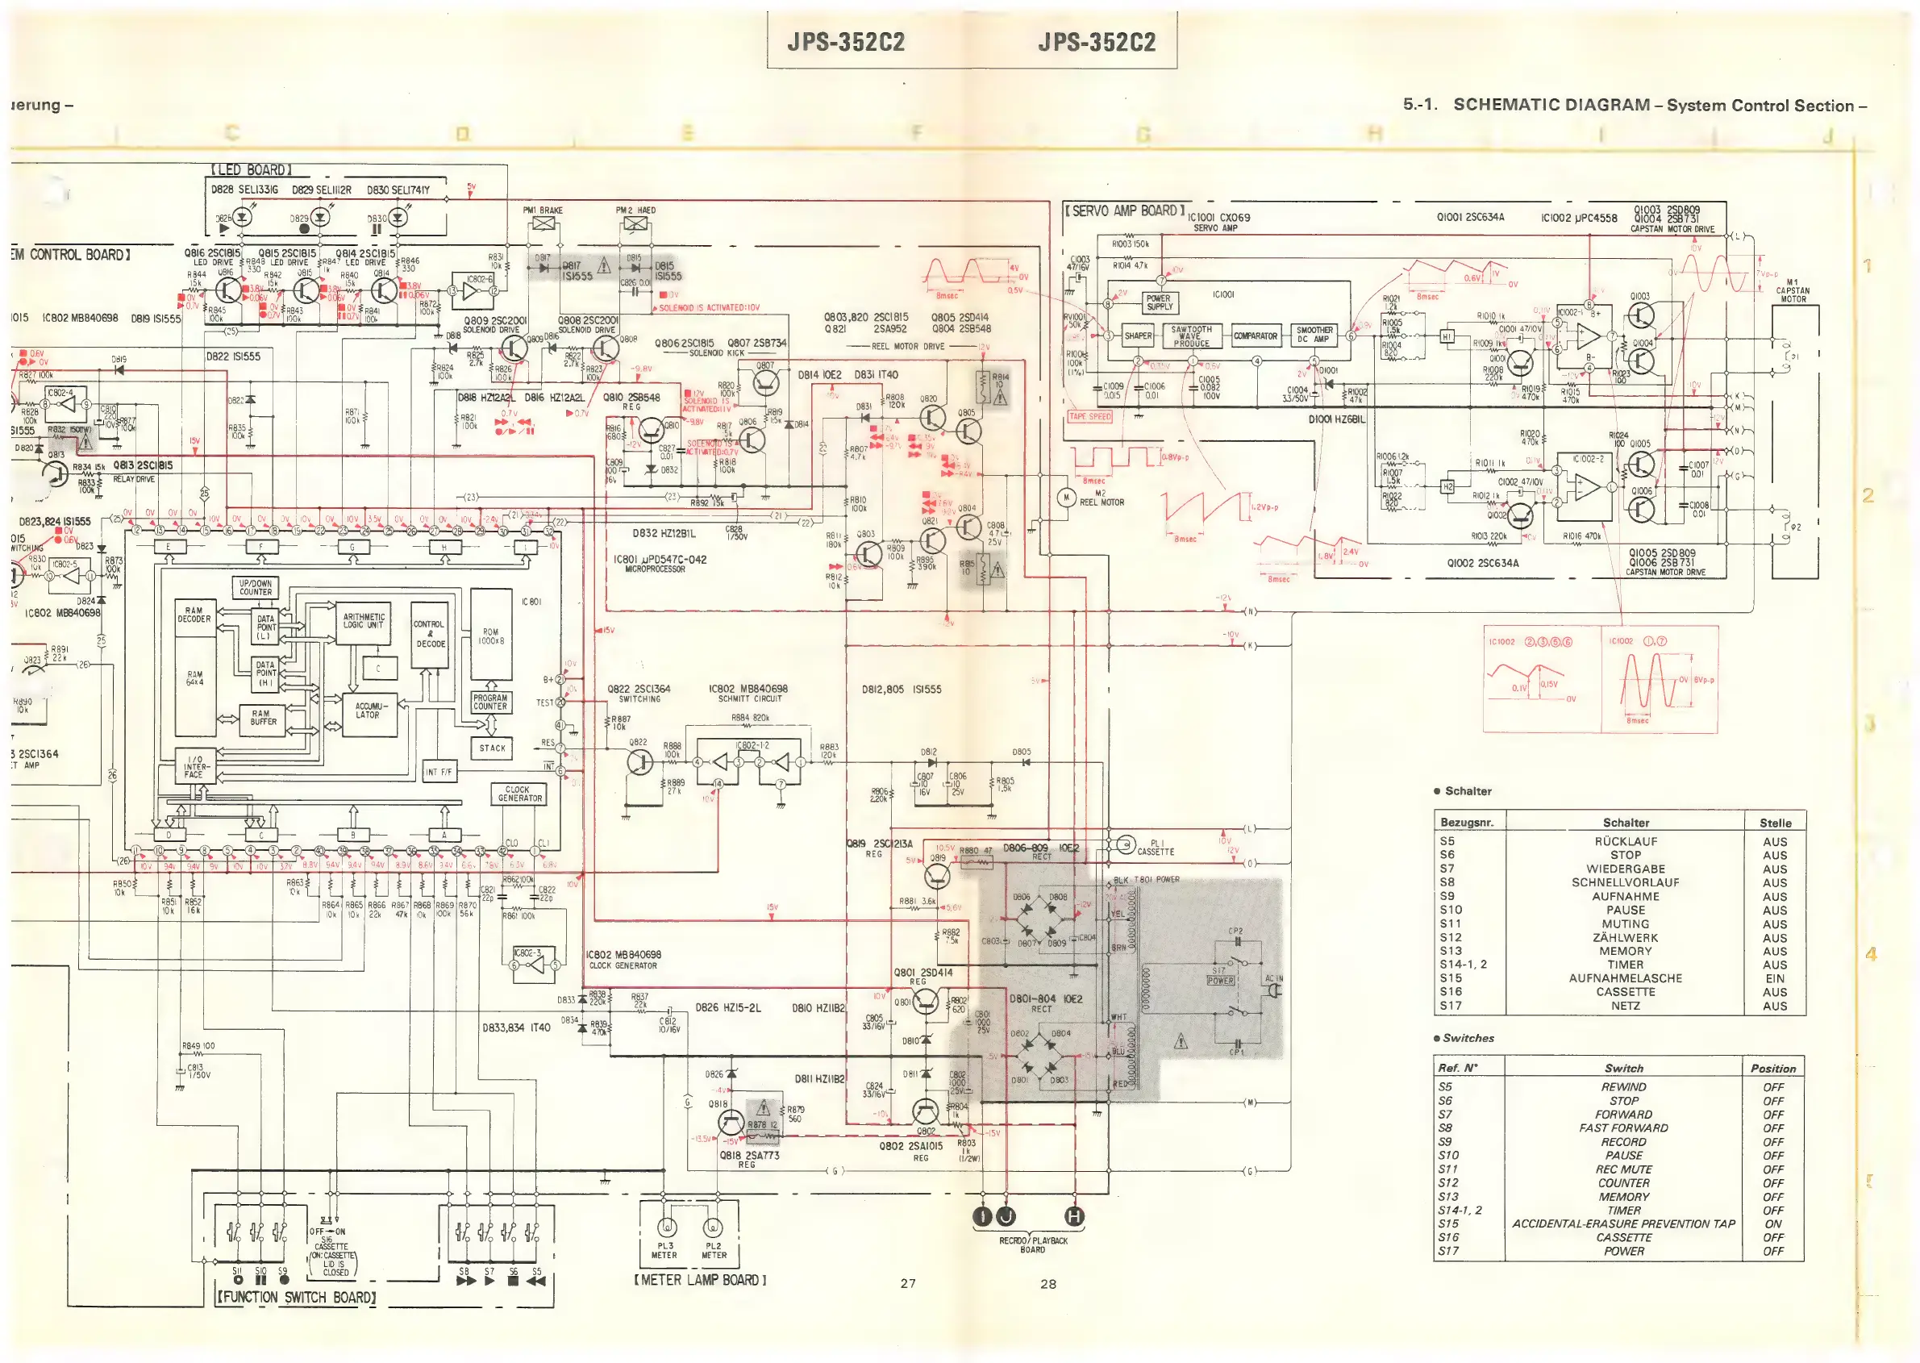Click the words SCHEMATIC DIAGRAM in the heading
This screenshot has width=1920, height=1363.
pyautogui.click(x=1551, y=105)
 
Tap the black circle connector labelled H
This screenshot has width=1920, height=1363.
pyautogui.click(x=1074, y=1216)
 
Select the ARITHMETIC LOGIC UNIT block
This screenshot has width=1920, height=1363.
pyautogui.click(x=364, y=621)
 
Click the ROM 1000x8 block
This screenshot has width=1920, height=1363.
pyautogui.click(x=491, y=636)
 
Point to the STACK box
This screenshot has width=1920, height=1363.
pyautogui.click(x=493, y=748)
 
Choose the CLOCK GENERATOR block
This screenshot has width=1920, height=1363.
pyautogui.click(x=519, y=794)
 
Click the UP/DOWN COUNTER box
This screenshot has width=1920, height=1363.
pyautogui.click(x=255, y=587)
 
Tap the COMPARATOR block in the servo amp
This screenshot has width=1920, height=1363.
pyautogui.click(x=1255, y=336)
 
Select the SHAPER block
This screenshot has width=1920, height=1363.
pyautogui.click(x=1138, y=336)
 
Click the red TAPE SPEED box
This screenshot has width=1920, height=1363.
pyautogui.click(x=1089, y=416)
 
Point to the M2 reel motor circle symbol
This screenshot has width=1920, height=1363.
pyautogui.click(x=1066, y=498)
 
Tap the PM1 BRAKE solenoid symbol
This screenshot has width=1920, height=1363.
pyautogui.click(x=544, y=224)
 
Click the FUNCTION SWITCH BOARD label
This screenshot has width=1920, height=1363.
pyautogui.click(x=295, y=1297)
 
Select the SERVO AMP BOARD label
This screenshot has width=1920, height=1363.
pyautogui.click(x=1124, y=210)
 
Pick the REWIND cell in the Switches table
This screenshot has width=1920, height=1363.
pyautogui.click(x=1623, y=1087)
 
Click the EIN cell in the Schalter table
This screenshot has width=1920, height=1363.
pyautogui.click(x=1774, y=978)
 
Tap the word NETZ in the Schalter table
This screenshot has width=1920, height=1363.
pyautogui.click(x=1625, y=1006)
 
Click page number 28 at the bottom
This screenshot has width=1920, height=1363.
pyautogui.click(x=1048, y=1283)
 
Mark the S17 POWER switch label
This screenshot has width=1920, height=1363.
pyautogui.click(x=1220, y=976)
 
